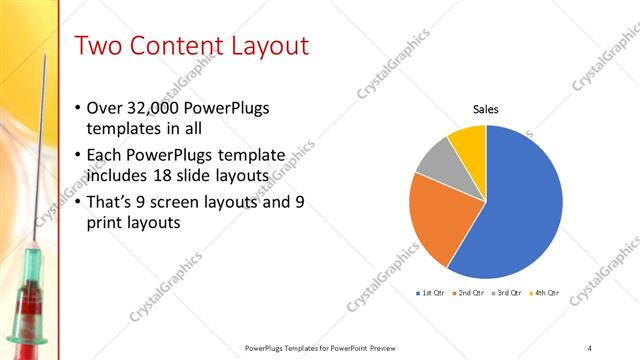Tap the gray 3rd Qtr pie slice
(x=436, y=160)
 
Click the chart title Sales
(x=485, y=109)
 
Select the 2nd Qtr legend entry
(x=470, y=293)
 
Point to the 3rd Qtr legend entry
(x=508, y=293)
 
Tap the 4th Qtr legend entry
(x=545, y=293)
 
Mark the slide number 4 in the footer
(x=589, y=347)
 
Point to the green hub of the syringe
(x=27, y=266)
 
